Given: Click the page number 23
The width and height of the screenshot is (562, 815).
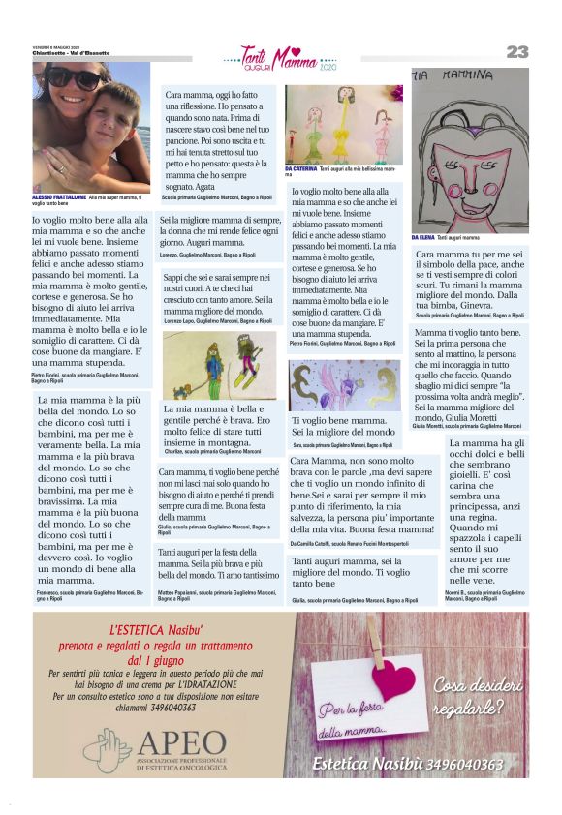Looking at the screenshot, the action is click(516, 52).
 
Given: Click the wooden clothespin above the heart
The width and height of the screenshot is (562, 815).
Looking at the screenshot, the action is click(375, 640).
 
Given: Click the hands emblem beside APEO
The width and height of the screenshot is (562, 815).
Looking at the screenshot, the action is click(106, 750).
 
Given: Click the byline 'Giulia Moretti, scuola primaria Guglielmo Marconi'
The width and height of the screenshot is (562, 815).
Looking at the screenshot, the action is click(467, 426).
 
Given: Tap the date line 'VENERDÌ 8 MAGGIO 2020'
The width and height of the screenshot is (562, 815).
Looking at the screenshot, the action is click(53, 46).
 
